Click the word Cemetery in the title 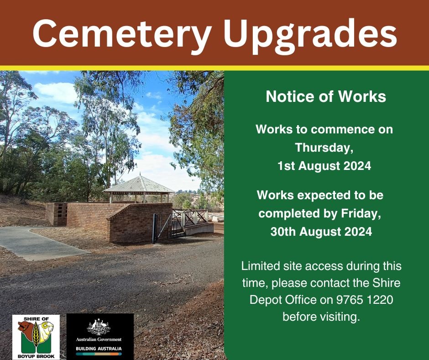(x=122, y=34)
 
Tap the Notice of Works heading (x=326, y=96)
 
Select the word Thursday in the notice (x=324, y=148)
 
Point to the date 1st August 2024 (x=324, y=166)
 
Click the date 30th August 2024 (x=321, y=232)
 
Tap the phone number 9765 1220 (x=365, y=300)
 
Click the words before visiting (x=321, y=317)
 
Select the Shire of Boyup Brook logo (x=36, y=337)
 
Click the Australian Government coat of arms (x=99, y=327)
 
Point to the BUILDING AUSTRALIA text (x=99, y=349)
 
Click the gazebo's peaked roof (x=139, y=185)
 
